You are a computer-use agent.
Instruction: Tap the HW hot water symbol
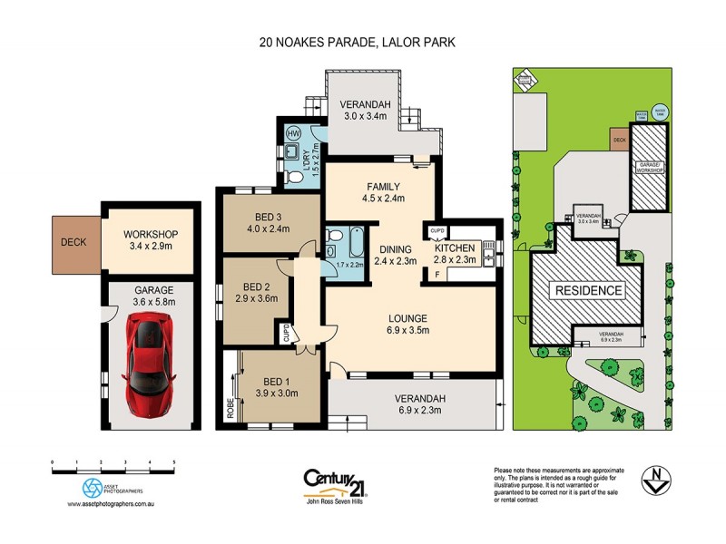[x=293, y=133]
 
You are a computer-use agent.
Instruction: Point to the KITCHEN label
[x=455, y=248]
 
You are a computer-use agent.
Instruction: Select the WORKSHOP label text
[x=150, y=233]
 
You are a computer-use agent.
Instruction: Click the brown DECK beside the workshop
[x=75, y=242]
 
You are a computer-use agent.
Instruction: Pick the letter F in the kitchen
[x=437, y=273]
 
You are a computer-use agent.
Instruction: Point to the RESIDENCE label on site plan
[x=587, y=291]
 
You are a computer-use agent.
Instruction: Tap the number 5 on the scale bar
[x=173, y=461]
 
